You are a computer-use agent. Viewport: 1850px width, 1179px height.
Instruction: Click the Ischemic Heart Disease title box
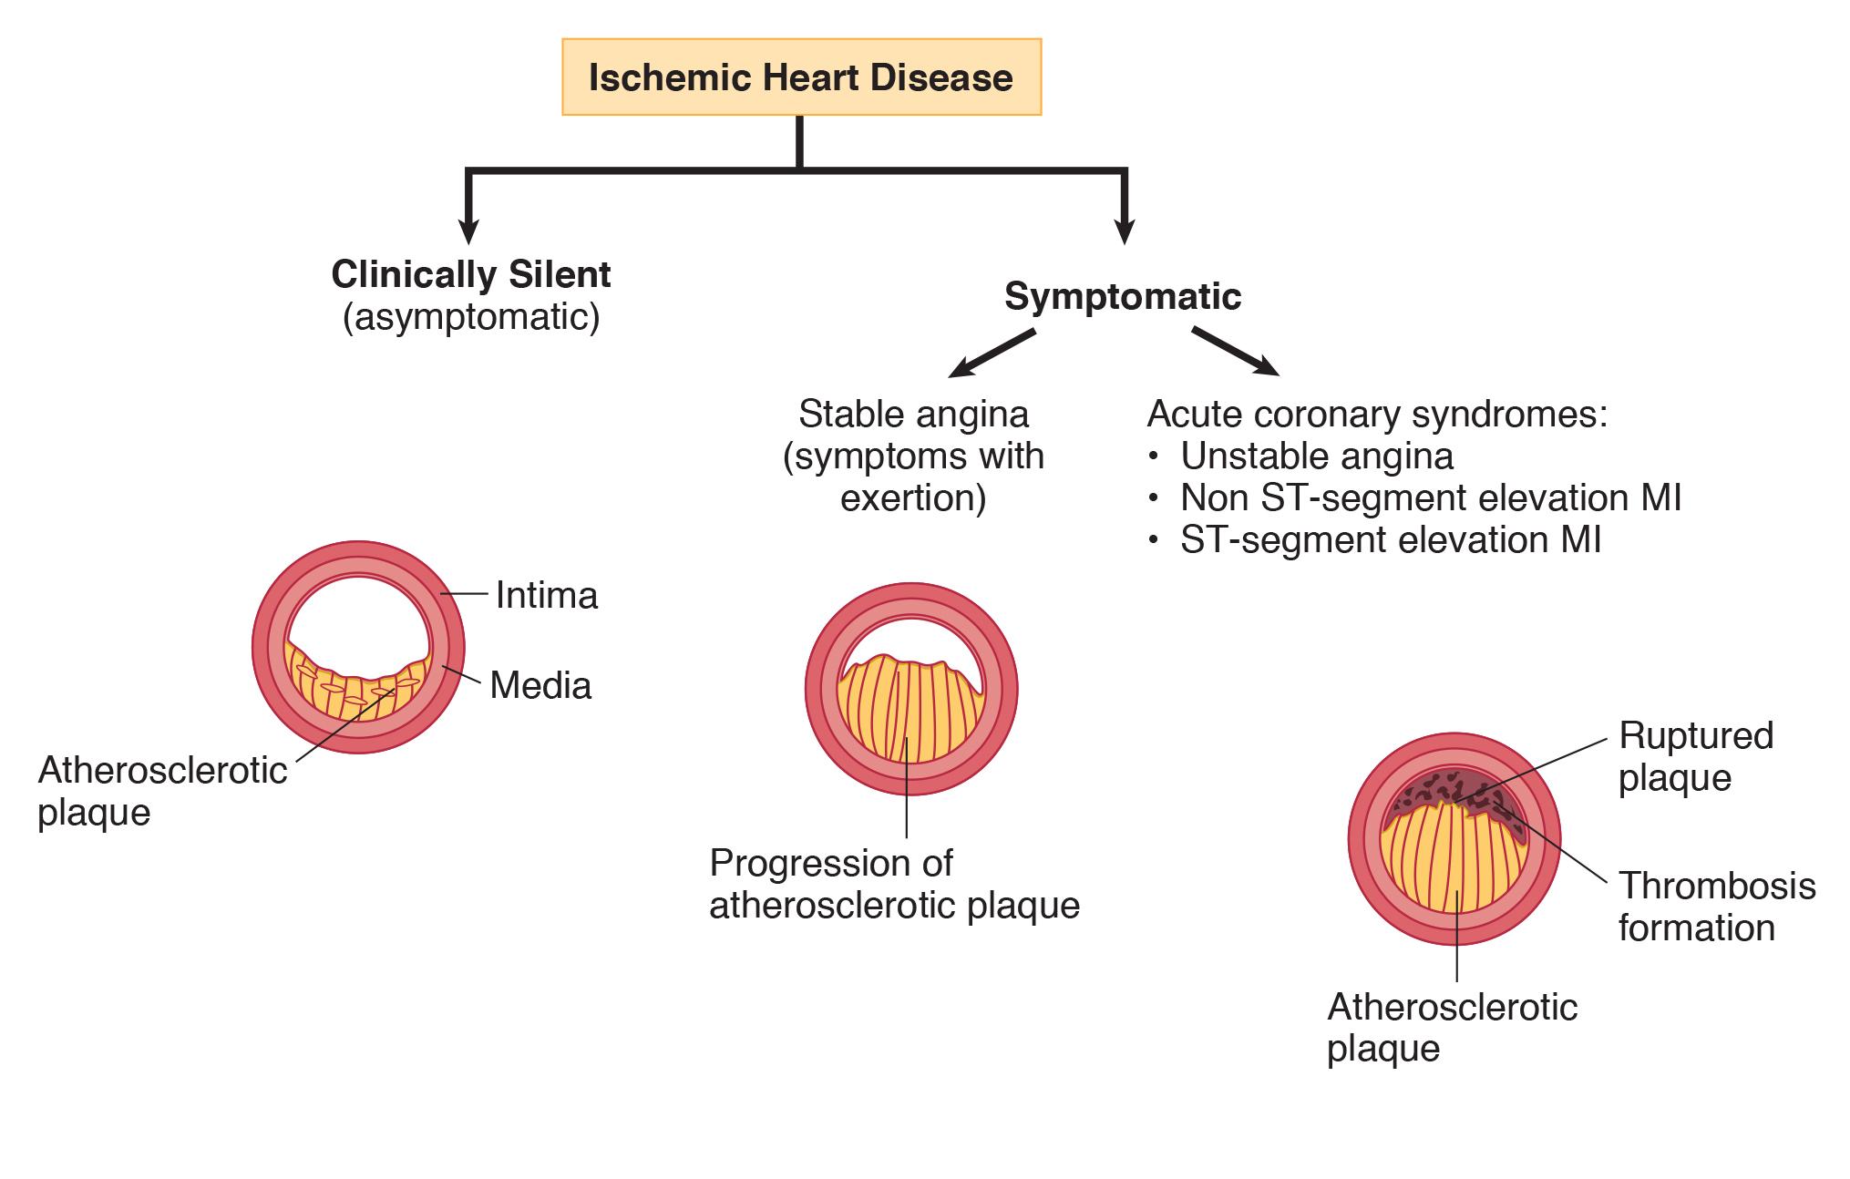tap(801, 77)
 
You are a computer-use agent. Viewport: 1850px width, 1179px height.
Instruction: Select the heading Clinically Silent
tap(471, 274)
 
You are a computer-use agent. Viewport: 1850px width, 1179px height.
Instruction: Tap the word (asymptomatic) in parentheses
tap(471, 318)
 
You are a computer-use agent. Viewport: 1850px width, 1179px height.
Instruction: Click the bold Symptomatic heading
tap(1122, 296)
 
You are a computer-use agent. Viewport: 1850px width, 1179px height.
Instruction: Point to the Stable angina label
tap(913, 415)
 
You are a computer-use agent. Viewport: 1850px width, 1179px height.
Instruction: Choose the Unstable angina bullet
tap(1316, 456)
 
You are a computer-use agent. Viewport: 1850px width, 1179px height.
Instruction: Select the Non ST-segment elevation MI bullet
tap(1430, 497)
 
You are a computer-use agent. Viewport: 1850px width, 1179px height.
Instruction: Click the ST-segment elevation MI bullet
tap(1390, 539)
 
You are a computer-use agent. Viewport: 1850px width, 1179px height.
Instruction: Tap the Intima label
tap(547, 596)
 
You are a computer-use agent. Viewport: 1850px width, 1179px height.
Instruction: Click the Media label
tap(540, 686)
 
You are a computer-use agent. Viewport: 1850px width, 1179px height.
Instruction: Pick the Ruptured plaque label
tap(1695, 756)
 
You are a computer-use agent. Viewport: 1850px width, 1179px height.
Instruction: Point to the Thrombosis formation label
tap(1716, 907)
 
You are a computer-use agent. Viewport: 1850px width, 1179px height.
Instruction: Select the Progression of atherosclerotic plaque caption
tap(894, 884)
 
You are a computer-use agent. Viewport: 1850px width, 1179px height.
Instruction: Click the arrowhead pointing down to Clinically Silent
tap(468, 232)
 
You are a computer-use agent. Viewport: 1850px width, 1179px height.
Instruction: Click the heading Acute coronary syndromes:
tap(1377, 415)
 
